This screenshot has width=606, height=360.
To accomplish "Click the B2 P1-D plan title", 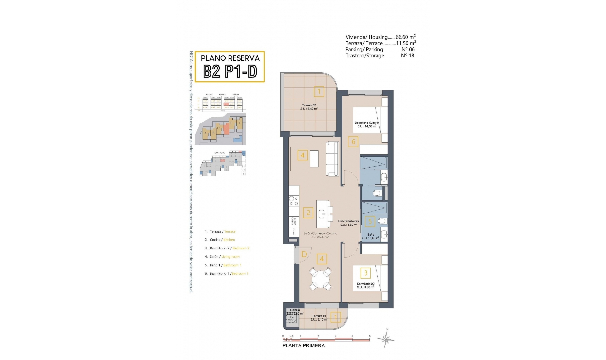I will tap(230, 72).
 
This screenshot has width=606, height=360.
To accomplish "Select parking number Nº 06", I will tap(408, 49).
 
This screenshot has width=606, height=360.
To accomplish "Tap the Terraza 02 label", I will tap(309, 105).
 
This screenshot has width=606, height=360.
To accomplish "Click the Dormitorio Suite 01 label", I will tap(367, 123).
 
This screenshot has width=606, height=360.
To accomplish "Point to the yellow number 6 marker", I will tap(353, 142).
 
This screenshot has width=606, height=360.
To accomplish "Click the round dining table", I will tap(320, 279).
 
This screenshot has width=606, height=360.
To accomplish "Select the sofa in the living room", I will tap(332, 159).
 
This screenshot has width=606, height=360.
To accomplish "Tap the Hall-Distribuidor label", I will tap(348, 221).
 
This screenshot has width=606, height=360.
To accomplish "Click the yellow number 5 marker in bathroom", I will tap(370, 221).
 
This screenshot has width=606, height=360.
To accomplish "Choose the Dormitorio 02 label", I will tap(365, 284).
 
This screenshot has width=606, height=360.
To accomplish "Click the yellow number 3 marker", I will tap(365, 273).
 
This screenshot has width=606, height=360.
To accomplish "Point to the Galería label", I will tap(294, 310).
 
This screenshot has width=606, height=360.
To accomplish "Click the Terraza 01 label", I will tap(319, 316).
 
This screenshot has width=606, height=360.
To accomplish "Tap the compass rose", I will tap(386, 339).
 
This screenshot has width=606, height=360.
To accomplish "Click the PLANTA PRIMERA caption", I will tap(303, 346).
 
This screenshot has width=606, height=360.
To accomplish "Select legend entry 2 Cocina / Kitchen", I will tap(220, 240).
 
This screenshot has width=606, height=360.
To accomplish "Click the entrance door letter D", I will tap(304, 255).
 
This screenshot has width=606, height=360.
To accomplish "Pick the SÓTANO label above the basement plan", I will tap(220, 153).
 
